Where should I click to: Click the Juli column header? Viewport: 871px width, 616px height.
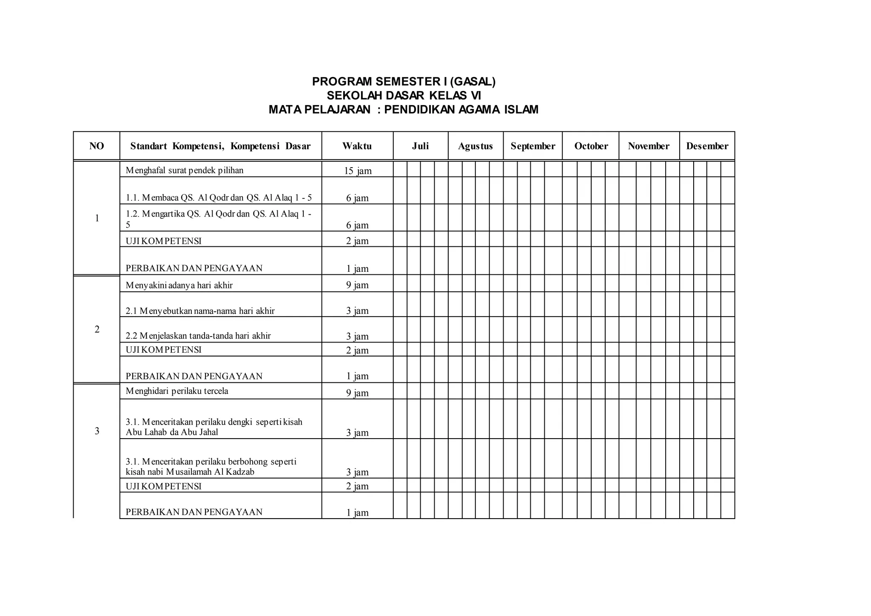[420, 146]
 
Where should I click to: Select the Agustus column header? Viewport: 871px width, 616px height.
[475, 146]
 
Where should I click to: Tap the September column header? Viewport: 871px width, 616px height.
[532, 146]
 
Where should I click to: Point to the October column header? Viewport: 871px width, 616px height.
[591, 146]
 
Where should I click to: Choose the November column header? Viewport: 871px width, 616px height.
[648, 146]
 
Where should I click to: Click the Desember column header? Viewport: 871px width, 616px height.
[707, 146]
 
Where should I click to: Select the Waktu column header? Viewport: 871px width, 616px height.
[357, 146]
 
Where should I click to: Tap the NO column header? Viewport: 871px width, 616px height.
[97, 146]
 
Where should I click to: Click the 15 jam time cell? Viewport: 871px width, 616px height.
[358, 171]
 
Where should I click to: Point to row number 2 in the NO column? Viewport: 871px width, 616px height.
[97, 329]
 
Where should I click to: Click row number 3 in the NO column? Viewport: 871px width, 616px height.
[97, 431]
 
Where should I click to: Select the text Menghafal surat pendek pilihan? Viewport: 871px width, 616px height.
[185, 171]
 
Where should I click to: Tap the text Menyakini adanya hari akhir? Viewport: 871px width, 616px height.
[179, 285]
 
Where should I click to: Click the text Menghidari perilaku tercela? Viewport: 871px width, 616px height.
[177, 391]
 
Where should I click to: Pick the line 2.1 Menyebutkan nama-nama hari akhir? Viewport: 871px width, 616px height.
[200, 311]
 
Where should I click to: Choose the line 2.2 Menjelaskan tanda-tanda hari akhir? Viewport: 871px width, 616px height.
[198, 336]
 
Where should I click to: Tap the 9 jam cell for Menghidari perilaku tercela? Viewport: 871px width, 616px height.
[357, 393]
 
